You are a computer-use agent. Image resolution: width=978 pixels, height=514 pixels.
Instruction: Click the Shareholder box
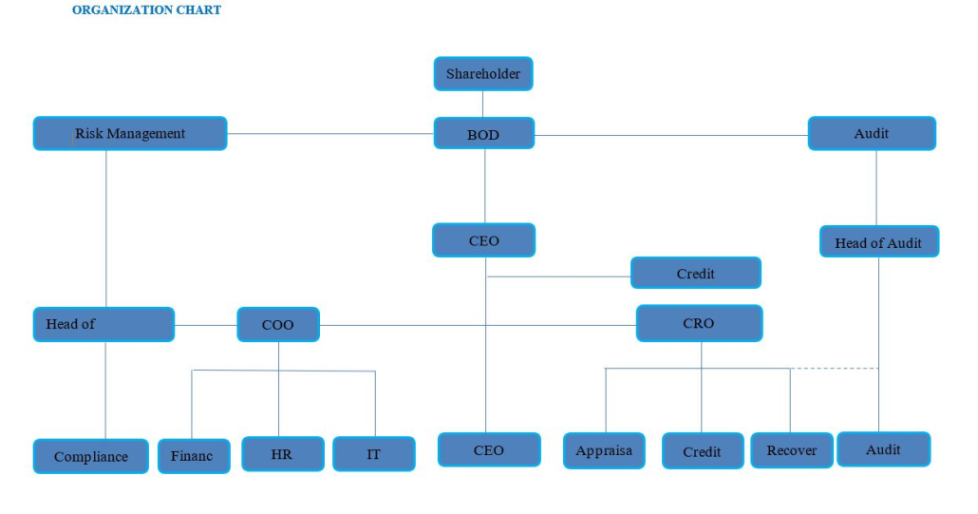[x=483, y=74]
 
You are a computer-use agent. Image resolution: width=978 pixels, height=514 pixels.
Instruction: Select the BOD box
[x=483, y=134]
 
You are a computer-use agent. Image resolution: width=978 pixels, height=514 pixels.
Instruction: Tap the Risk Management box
[x=130, y=134]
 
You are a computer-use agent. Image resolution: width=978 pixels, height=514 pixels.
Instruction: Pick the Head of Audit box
[x=878, y=242]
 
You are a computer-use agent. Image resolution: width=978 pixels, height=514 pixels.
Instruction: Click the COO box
[x=277, y=325]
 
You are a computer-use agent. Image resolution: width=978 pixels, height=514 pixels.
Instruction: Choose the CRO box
[x=699, y=324]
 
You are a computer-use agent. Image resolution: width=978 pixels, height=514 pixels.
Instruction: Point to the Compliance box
[x=91, y=456]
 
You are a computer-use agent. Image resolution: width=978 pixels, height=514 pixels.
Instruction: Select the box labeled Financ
[x=193, y=456]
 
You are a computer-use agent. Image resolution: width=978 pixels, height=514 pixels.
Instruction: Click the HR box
[x=281, y=454]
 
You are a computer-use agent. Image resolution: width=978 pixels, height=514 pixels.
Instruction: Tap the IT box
[x=373, y=454]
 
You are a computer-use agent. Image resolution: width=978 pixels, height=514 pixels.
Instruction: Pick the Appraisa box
[x=604, y=451]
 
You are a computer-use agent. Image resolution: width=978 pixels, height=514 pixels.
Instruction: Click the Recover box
[x=791, y=451]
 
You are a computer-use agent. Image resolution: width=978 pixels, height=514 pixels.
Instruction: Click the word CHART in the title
[x=197, y=10]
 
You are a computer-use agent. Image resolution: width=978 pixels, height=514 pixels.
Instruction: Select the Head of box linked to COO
[x=103, y=324]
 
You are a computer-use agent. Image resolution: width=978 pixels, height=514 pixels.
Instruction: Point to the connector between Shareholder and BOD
[x=483, y=104]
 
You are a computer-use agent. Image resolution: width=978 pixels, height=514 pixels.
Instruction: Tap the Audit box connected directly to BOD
[x=871, y=134]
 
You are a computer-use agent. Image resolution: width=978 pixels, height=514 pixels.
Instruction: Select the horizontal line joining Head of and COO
[x=205, y=325]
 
